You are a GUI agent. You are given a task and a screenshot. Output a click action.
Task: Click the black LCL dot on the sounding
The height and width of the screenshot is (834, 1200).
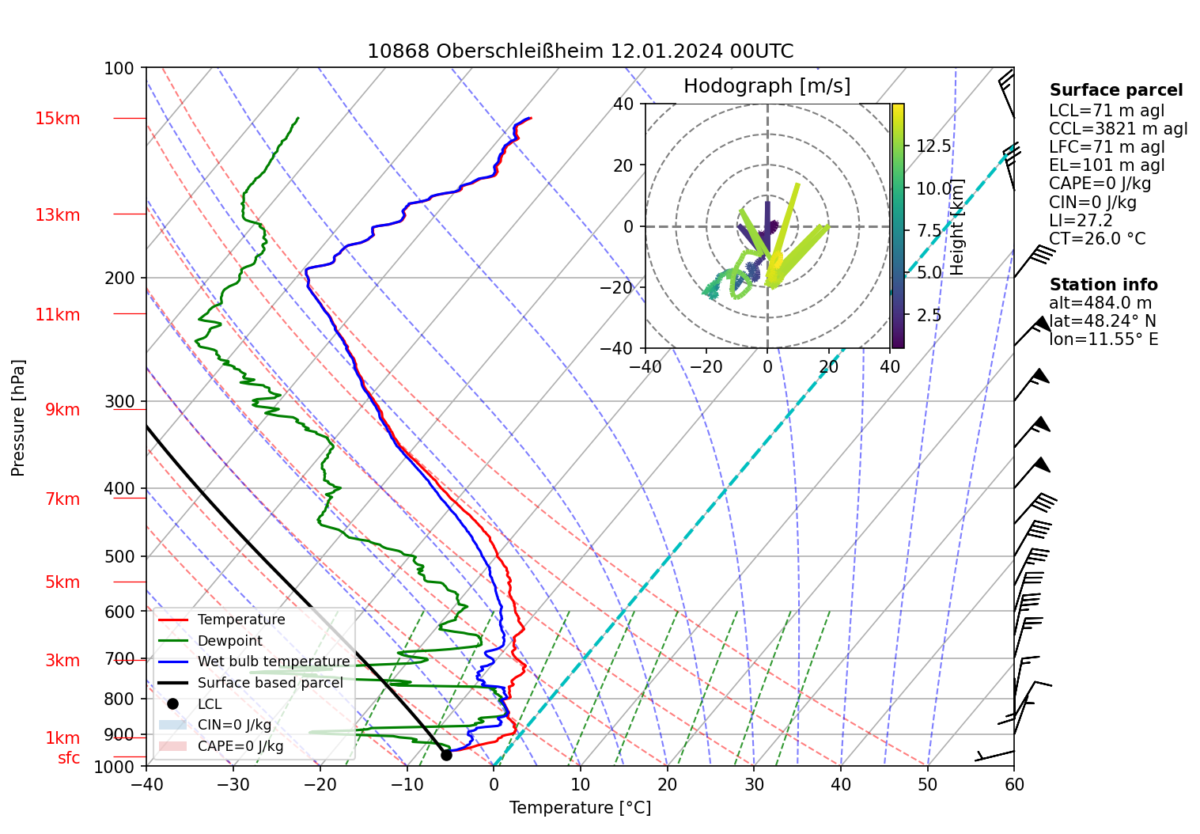446,755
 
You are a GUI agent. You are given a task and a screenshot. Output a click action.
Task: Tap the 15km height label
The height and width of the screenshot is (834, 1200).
57,119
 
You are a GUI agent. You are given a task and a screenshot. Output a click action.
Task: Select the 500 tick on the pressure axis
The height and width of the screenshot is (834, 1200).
120,556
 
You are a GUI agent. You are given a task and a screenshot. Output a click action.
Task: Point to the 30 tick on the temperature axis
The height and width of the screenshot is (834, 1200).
754,784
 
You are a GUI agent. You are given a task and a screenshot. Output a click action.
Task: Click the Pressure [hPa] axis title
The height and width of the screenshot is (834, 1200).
18,418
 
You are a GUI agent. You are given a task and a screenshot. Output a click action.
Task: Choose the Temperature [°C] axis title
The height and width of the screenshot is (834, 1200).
580,808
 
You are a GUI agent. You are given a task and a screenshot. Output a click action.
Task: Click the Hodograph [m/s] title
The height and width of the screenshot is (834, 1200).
767,86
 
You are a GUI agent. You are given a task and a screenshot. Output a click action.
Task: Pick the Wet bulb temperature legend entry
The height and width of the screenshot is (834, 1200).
273,662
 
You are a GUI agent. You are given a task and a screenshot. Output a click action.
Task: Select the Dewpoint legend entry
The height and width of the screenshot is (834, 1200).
229,641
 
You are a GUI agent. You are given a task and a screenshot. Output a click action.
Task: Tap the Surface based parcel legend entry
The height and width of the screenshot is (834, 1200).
270,683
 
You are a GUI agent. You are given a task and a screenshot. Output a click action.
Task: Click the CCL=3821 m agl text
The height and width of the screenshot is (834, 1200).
1118,129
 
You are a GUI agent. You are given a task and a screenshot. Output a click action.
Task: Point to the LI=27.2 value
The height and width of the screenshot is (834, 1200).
1081,221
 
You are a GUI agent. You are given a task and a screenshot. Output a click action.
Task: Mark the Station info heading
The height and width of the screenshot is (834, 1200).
1103,285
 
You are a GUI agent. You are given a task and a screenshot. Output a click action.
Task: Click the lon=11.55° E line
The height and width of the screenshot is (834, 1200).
1103,339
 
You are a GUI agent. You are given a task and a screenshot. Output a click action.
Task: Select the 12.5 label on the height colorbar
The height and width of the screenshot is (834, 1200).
933,146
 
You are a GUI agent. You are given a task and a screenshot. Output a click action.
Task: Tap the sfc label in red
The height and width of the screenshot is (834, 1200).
69,758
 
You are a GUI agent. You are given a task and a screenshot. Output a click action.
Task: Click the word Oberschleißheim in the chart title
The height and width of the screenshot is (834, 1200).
521,52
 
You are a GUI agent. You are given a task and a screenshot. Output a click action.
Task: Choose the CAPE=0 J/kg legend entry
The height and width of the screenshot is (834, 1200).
240,746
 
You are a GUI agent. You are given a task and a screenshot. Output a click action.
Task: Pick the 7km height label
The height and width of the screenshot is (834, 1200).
62,499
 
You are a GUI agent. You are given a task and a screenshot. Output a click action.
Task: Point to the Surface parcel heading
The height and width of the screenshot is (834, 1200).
1115,90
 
